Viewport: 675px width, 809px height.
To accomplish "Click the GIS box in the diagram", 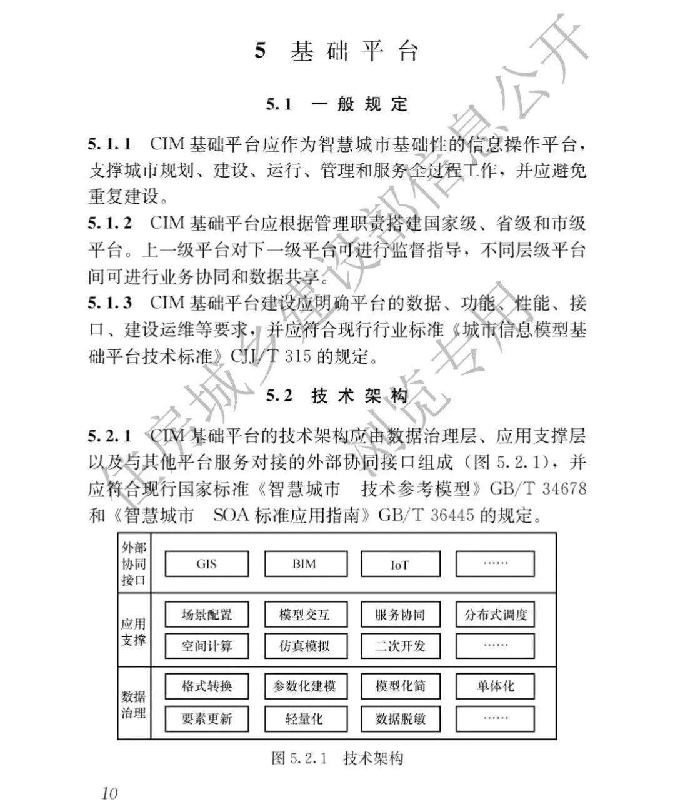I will tap(206, 563).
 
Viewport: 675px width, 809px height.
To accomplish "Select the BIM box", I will tap(305, 563).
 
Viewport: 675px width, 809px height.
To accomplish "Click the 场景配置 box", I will tap(206, 615).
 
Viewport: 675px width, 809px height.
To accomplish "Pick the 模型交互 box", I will tap(305, 615).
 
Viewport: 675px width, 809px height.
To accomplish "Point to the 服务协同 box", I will tap(400, 615).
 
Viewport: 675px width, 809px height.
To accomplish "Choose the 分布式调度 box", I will tap(496, 615).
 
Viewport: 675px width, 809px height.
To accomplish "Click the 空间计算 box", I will tap(206, 646).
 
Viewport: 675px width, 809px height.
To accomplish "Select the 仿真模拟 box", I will tap(305, 646).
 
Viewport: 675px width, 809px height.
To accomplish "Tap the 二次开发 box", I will tap(400, 646).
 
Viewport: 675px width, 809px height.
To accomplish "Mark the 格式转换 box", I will tap(206, 686).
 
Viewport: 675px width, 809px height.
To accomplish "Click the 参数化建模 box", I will tap(305, 686).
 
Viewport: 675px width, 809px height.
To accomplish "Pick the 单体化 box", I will tap(496, 686).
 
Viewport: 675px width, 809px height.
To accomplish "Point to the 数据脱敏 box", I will tap(400, 718).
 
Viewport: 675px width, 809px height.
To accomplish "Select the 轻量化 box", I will tap(305, 718).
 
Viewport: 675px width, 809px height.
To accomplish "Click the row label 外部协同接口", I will tap(134, 563).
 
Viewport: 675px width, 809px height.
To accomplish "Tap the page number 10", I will tap(109, 793).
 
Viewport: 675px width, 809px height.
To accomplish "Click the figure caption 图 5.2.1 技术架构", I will tap(337, 758).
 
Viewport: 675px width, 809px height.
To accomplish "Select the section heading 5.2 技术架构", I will tap(337, 395).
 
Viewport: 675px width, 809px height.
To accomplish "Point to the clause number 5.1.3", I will tap(110, 303).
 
